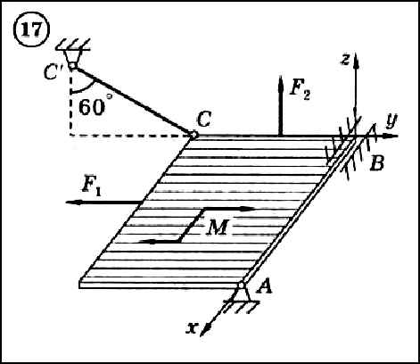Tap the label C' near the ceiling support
(x=53, y=72)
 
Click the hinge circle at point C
(x=194, y=135)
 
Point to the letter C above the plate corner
(x=204, y=120)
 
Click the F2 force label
(x=300, y=88)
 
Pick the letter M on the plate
(x=218, y=227)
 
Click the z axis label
(x=345, y=60)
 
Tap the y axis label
(x=391, y=121)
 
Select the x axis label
(x=192, y=327)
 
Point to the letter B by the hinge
(x=376, y=163)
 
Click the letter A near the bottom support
(x=264, y=287)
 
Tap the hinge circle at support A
(x=241, y=285)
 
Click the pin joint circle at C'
(x=72, y=66)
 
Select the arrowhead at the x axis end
(x=205, y=330)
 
